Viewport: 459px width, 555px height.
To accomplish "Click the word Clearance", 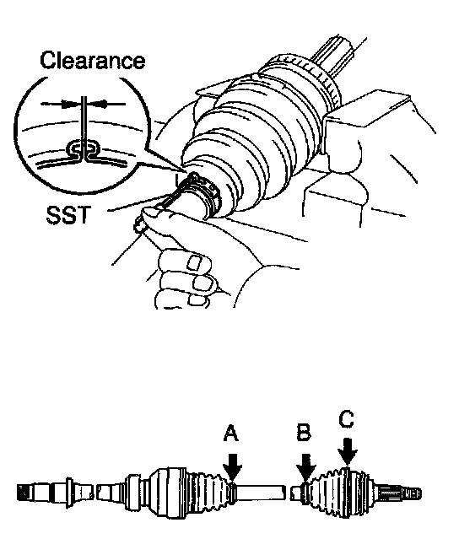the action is click(93, 60).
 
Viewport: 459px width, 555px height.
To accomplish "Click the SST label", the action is click(68, 214).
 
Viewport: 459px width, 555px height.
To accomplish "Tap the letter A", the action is click(231, 434).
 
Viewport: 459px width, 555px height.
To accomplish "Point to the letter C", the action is click(346, 418).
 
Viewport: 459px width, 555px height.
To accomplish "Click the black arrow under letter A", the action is click(233, 467).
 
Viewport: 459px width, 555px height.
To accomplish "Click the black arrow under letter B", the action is click(305, 468).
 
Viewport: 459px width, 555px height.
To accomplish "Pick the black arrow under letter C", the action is click(348, 451).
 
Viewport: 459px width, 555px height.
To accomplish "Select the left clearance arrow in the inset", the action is click(62, 104).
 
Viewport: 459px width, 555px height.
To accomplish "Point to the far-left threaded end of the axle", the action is click(22, 493).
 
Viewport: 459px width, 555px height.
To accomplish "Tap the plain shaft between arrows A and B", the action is click(261, 493).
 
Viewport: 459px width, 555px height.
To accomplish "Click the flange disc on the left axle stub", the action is click(69, 493).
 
